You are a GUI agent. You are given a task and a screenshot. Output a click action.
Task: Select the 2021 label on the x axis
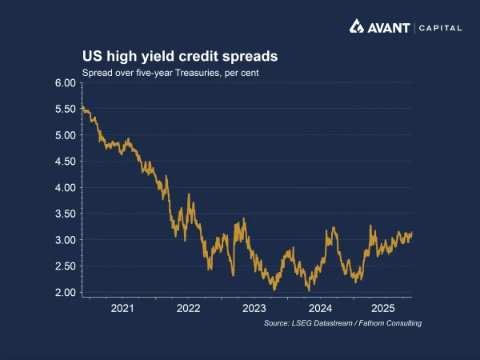point(122,308)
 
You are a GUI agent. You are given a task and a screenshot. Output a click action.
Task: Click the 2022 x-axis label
point(188,308)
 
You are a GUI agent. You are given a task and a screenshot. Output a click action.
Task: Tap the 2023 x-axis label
point(254,308)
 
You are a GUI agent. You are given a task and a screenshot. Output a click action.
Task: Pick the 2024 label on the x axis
point(320,308)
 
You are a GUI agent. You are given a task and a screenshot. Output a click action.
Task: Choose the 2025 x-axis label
point(384,308)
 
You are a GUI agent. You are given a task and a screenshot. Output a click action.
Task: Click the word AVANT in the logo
point(388,27)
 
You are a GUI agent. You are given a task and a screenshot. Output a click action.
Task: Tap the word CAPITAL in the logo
point(440,27)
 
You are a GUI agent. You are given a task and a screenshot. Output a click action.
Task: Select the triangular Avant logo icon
point(357,26)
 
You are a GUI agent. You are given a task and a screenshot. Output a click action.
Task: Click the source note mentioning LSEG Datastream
point(342,323)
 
